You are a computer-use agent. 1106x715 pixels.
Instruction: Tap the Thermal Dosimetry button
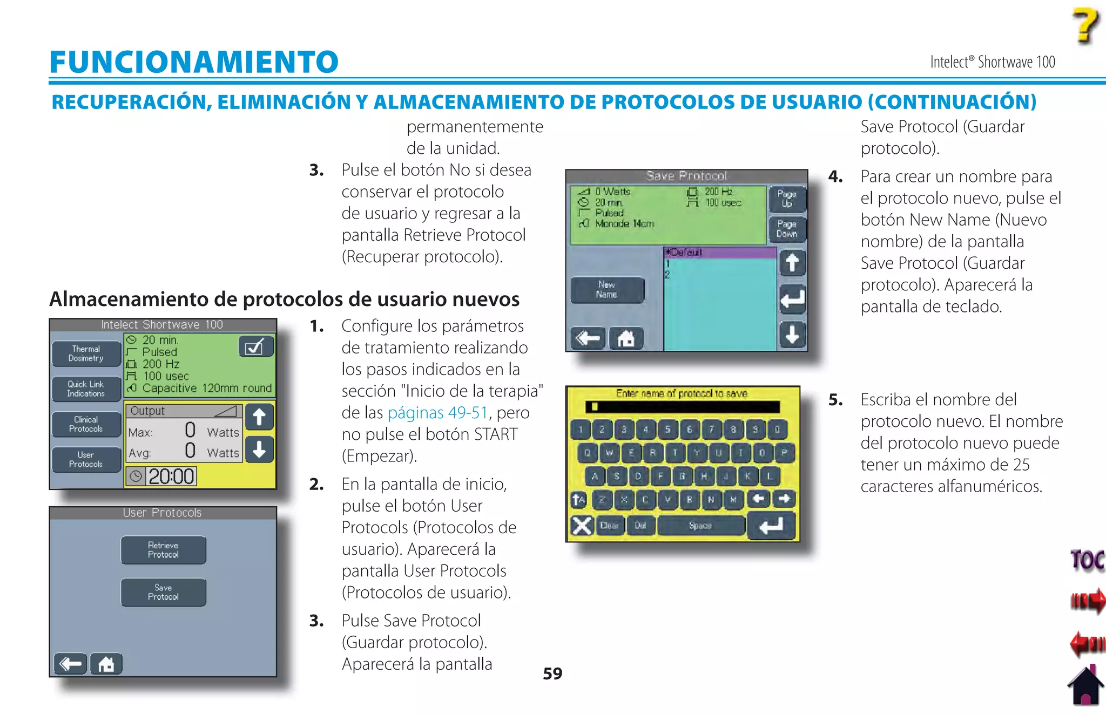click(x=86, y=353)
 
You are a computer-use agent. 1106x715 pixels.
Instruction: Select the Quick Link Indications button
click(x=86, y=389)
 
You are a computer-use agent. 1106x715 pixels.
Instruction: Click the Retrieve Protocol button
click(x=163, y=550)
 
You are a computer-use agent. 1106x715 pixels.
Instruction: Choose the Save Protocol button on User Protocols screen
click(x=163, y=592)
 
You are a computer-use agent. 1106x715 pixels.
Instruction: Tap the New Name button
click(x=606, y=290)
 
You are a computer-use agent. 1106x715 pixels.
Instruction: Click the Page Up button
click(x=786, y=199)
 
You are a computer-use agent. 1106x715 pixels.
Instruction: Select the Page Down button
click(x=786, y=229)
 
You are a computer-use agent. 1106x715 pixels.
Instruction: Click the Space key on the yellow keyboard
click(x=700, y=525)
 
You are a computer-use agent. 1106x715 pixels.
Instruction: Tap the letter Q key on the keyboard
click(x=587, y=453)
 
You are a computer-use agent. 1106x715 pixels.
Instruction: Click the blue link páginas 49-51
click(x=437, y=413)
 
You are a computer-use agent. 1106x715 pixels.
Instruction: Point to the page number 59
click(x=552, y=673)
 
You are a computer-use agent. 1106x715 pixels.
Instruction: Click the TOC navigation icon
click(x=1087, y=560)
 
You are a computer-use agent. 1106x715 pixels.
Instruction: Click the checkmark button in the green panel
click(x=255, y=346)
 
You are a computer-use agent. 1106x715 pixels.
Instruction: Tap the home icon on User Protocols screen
click(x=106, y=664)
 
